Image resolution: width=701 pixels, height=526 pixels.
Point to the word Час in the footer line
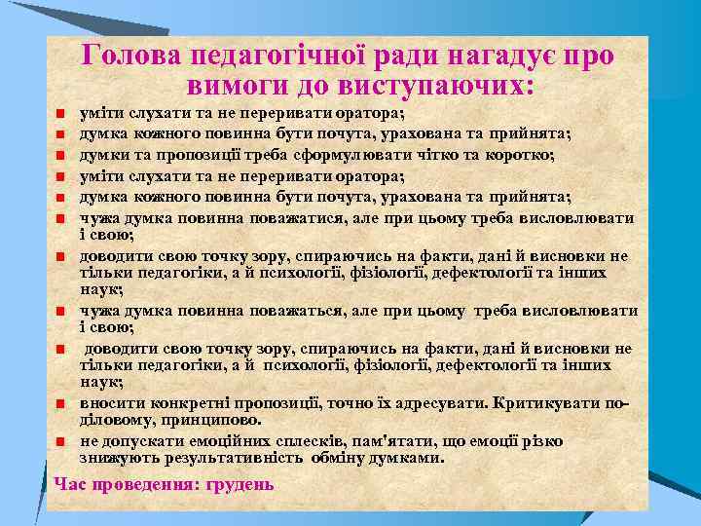pyautogui.click(x=70, y=484)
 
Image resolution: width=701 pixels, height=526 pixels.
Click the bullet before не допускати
pyautogui.click(x=60, y=440)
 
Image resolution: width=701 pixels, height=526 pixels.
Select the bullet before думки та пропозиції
pyautogui.click(x=60, y=156)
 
